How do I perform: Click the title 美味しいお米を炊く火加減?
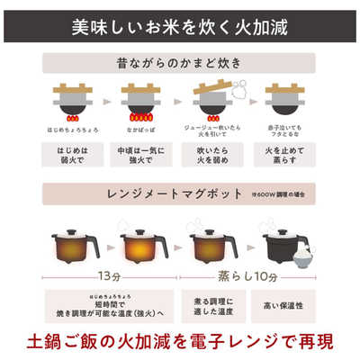[180, 23]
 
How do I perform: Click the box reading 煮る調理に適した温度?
[211, 305]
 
